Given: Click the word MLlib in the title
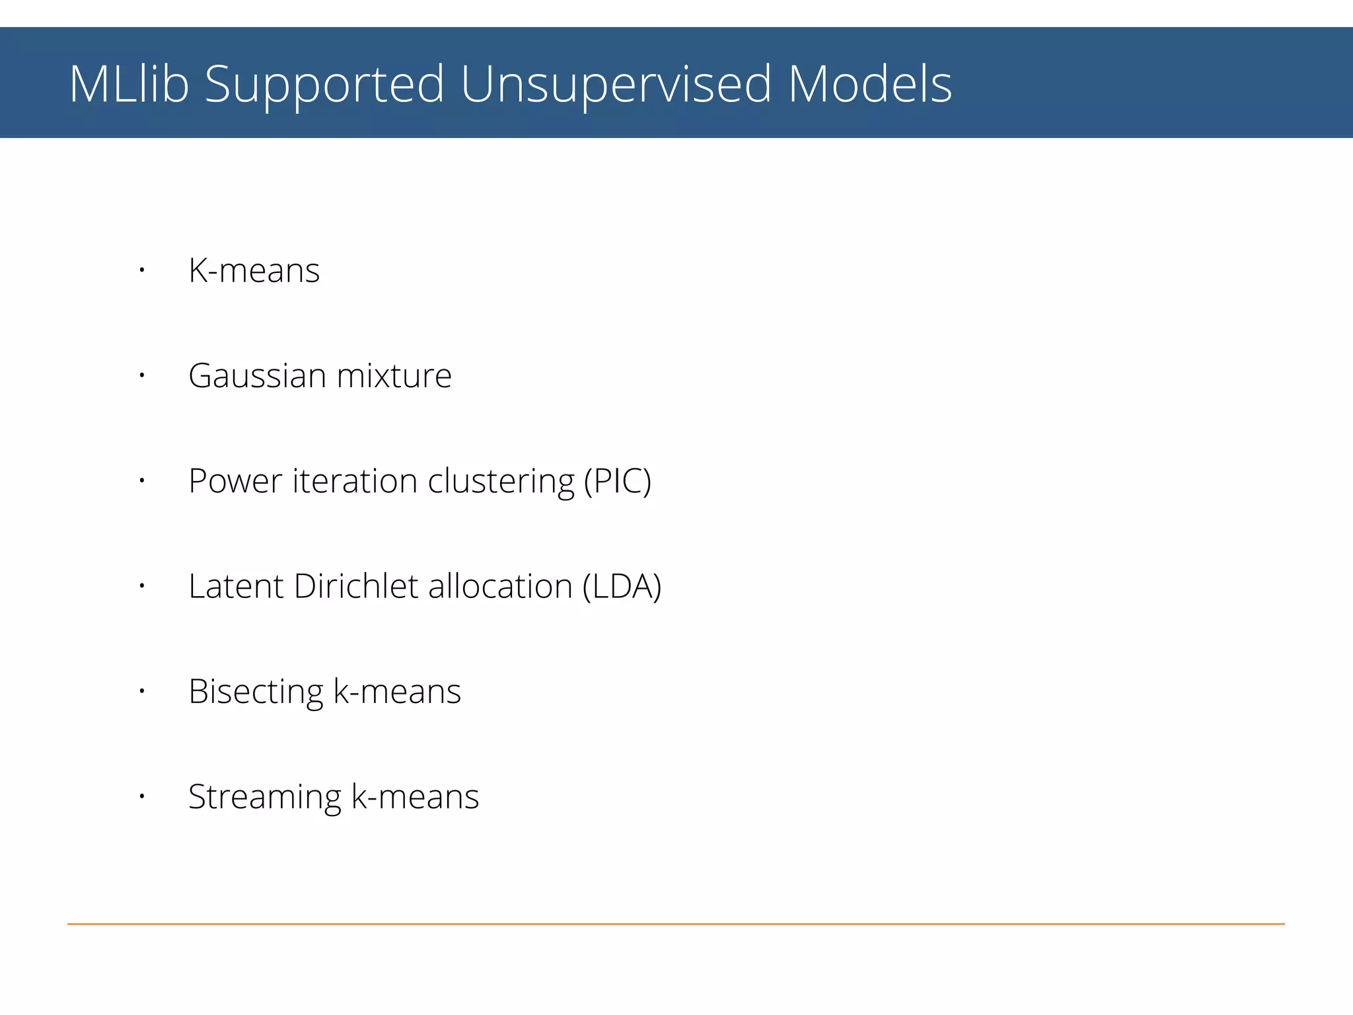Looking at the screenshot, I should point(129,84).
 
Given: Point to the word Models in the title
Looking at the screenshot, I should point(870,84).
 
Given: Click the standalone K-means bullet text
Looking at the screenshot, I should point(254,270).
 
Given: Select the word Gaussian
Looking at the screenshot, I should point(258,377).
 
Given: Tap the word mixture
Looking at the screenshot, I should point(394,375).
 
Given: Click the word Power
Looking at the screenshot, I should point(235,481).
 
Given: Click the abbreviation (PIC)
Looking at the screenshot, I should point(618,481).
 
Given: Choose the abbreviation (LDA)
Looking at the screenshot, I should point(622,586).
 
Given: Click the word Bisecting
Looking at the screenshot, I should point(256,693).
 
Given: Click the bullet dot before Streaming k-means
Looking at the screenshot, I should point(141,797).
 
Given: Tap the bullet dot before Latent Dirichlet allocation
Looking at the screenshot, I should point(141,586).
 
